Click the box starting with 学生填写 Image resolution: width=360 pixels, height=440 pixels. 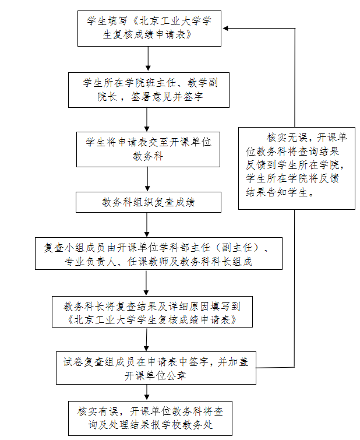(149, 29)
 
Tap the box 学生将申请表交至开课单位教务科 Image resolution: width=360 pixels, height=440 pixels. (148, 149)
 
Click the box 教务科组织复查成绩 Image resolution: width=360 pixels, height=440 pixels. (148, 203)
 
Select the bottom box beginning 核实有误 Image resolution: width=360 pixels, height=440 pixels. (150, 418)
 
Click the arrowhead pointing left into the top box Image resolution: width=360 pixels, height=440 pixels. (227, 28)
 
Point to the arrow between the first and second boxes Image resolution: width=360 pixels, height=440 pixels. (149, 59)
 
